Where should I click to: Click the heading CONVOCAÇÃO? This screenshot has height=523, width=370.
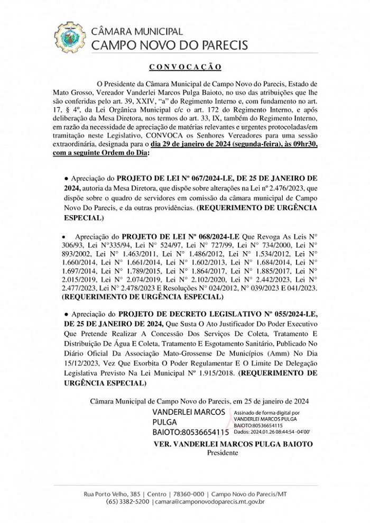coord(184,67)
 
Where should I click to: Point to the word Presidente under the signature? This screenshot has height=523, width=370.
coord(223,453)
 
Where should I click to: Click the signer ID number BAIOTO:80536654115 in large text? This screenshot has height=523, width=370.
coord(191,433)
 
